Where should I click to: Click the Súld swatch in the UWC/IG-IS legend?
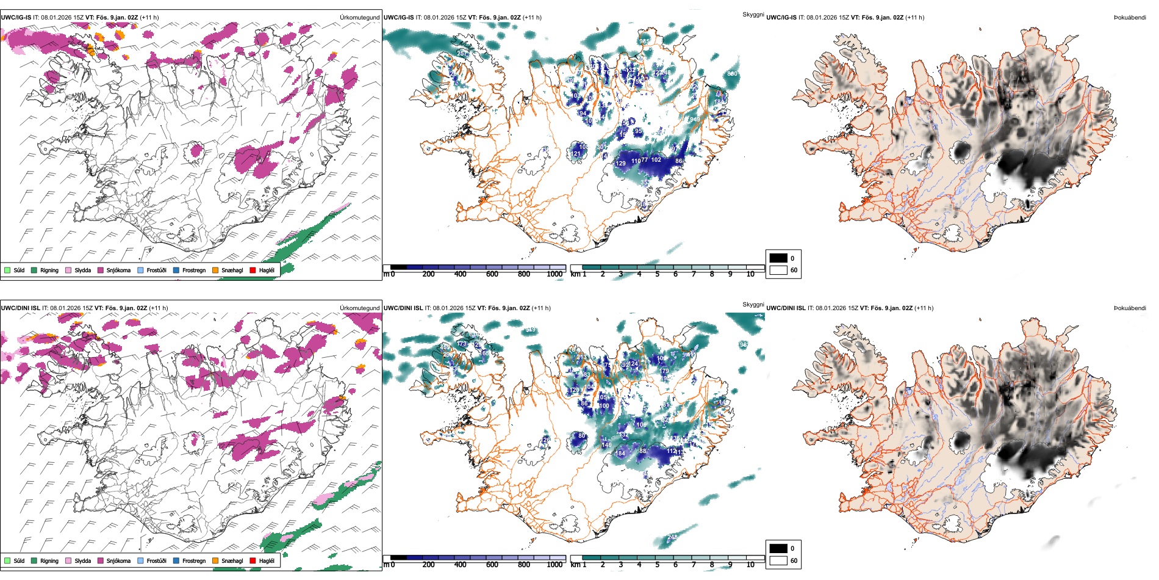7,270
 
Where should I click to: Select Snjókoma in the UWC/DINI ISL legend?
118,560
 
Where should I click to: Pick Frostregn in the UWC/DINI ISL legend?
194,560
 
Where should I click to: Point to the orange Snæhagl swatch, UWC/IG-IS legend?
215,270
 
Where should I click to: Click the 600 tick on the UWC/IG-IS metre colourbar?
492,274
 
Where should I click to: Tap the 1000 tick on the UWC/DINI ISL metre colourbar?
554,565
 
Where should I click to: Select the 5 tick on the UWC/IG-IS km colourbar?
657,274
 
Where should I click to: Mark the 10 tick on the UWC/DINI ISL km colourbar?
750,565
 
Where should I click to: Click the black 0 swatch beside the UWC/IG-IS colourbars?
778,258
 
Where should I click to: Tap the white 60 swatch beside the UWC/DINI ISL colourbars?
778,560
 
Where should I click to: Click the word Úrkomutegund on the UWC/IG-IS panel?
359,18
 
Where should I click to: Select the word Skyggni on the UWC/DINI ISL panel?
753,304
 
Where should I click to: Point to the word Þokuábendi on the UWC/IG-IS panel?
1130,18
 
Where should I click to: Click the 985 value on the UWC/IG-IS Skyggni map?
644,42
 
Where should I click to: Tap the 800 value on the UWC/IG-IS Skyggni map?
732,74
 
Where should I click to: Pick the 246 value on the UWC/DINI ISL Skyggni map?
672,537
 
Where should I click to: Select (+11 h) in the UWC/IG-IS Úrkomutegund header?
149,18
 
